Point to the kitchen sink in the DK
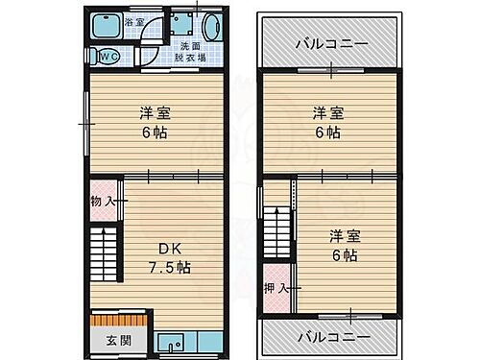point(173,340)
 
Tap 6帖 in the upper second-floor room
point(326,132)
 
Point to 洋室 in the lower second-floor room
point(346,235)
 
